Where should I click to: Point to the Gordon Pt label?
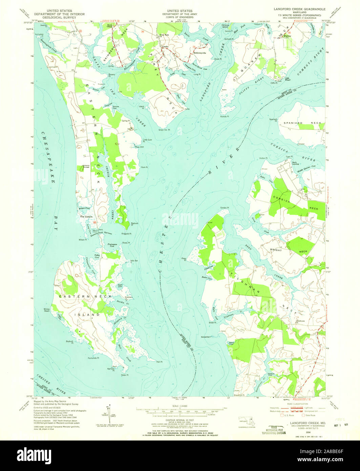(x=225, y=208)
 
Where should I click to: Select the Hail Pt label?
(x=160, y=362)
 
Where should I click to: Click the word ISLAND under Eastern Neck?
(x=87, y=314)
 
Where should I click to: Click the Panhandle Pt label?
(x=93, y=358)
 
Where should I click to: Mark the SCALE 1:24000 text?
(x=180, y=406)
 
